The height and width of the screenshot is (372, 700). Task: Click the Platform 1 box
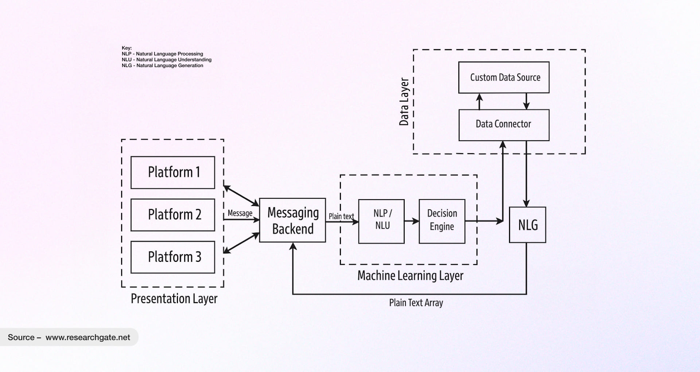click(173, 173)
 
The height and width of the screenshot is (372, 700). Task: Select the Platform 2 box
click(173, 215)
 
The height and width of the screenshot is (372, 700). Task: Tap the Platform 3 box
click(173, 257)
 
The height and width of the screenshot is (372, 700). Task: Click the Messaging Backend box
click(292, 220)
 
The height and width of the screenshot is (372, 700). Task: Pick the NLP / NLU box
click(381, 221)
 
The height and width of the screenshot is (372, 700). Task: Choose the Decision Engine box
click(442, 221)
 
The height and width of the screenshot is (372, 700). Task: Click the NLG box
click(527, 225)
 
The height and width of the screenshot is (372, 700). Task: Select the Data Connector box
click(504, 125)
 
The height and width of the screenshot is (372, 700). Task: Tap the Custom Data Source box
click(504, 77)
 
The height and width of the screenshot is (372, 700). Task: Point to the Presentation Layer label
click(174, 299)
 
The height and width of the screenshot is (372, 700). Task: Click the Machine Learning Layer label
click(410, 276)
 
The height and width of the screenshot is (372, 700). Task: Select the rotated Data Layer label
click(404, 102)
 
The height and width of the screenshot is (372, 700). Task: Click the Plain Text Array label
click(416, 303)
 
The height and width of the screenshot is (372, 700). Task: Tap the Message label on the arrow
click(240, 213)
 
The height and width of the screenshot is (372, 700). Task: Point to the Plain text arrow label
click(341, 216)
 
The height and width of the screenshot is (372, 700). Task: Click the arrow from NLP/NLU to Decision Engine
click(412, 221)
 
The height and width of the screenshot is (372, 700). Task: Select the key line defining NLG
click(163, 66)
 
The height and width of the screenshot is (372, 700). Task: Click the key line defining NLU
click(167, 60)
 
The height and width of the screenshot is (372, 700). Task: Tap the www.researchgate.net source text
click(88, 337)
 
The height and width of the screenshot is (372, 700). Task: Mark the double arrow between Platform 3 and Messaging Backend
click(241, 243)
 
